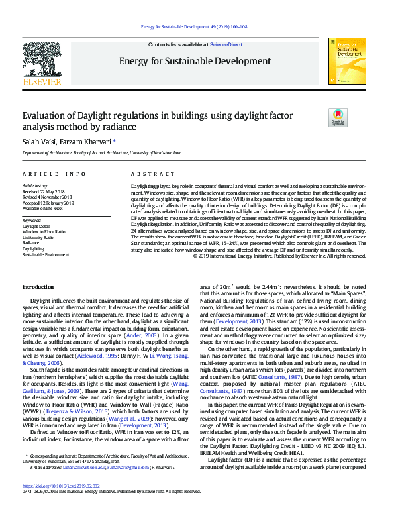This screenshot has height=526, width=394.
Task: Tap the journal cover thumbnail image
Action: (x=346, y=61)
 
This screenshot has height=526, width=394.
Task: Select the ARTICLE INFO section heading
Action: (x=54, y=174)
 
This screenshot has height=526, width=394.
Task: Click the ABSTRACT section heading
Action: (x=148, y=174)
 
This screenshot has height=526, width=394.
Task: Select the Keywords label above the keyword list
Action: (x=32, y=220)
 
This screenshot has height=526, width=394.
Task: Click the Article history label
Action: (x=36, y=186)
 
